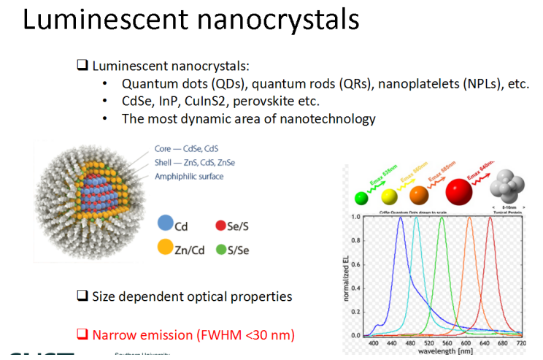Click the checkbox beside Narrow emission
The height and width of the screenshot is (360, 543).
pos(82,335)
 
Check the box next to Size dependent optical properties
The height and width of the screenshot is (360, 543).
pos(82,296)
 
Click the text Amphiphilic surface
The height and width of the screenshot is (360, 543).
pos(189,176)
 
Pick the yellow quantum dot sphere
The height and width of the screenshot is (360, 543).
pos(390,196)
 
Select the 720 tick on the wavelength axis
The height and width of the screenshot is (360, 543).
pos(521,342)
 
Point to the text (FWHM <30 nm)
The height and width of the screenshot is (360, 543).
pos(248,335)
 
